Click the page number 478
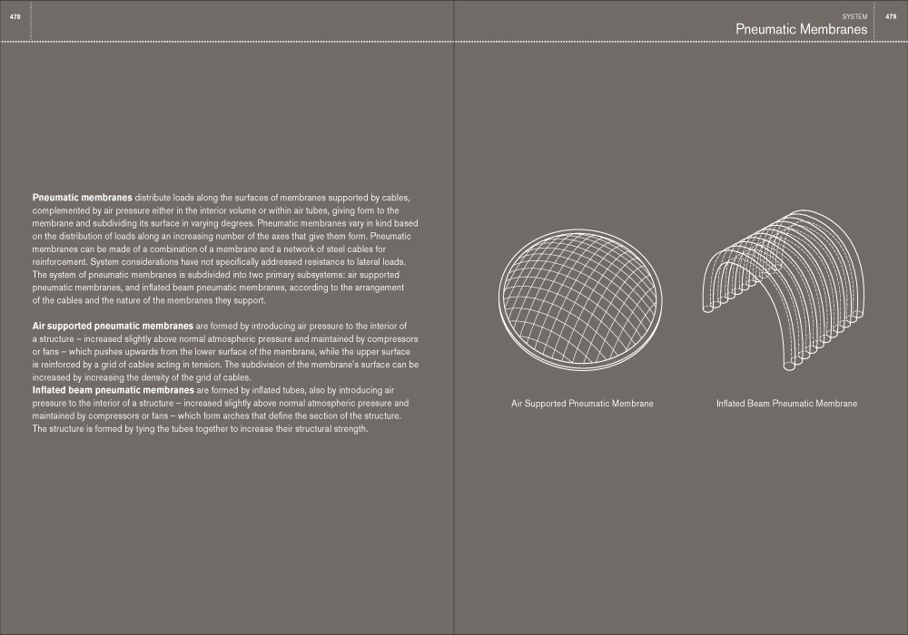(x=15, y=17)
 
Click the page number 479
(x=891, y=17)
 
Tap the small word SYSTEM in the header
(x=855, y=17)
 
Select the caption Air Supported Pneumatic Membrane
(x=582, y=404)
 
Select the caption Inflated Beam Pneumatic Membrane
(x=786, y=404)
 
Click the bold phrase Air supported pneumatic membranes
(x=112, y=325)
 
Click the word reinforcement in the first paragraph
(x=59, y=261)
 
